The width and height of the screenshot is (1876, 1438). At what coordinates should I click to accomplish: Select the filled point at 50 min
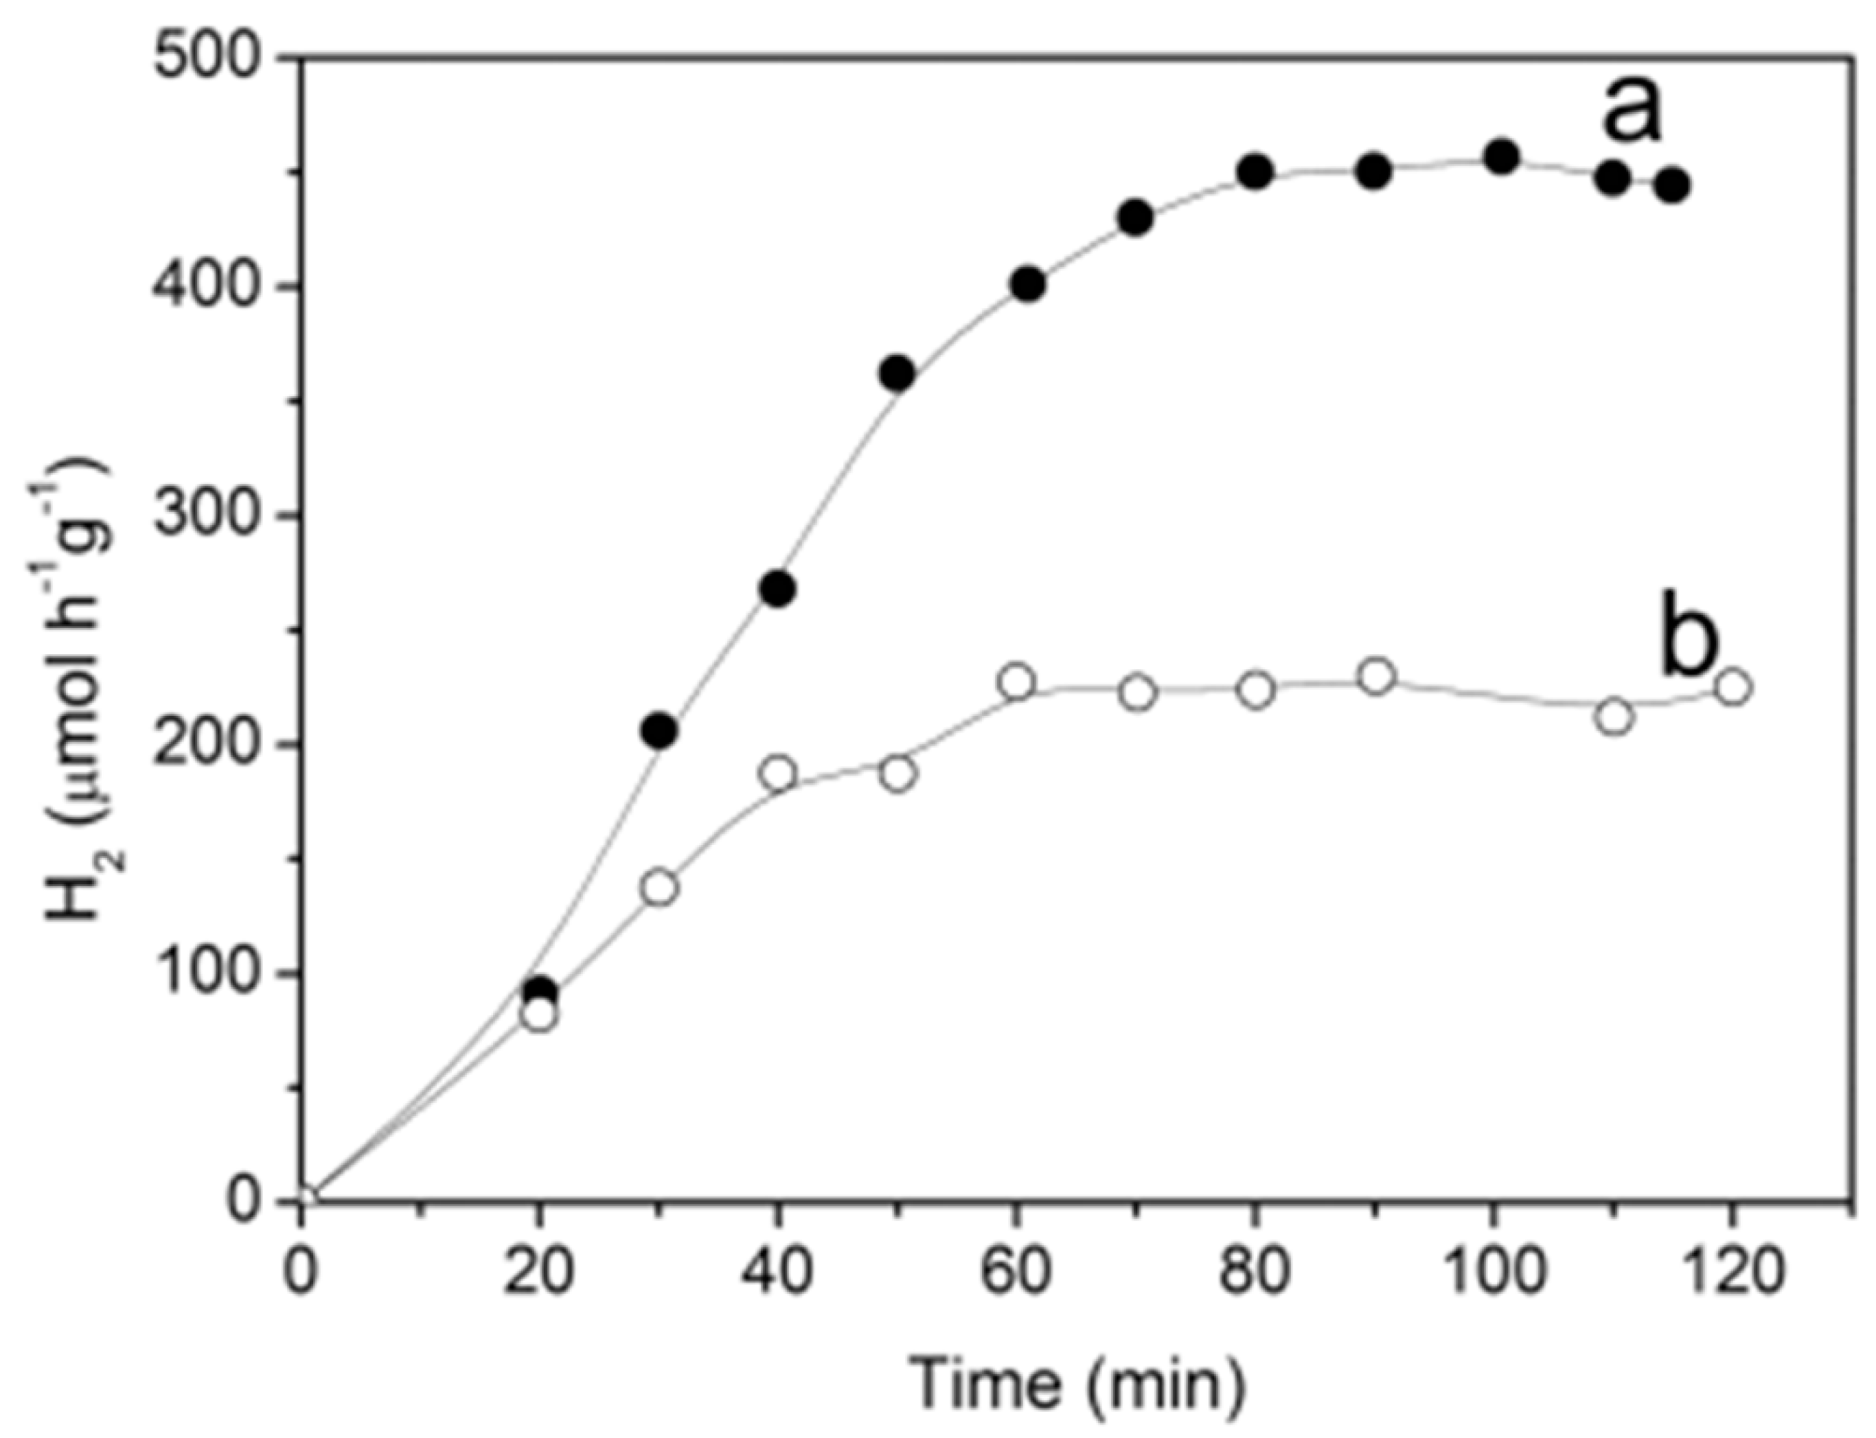click(x=897, y=373)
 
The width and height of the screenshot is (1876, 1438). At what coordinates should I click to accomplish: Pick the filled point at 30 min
click(x=659, y=730)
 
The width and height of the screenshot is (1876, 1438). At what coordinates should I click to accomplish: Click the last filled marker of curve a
click(x=1671, y=185)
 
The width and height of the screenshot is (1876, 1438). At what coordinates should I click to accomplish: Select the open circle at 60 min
click(x=1017, y=682)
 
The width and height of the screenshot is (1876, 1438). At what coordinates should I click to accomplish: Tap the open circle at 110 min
click(x=1614, y=717)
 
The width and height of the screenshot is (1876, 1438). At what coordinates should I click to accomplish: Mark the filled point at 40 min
click(x=778, y=590)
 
